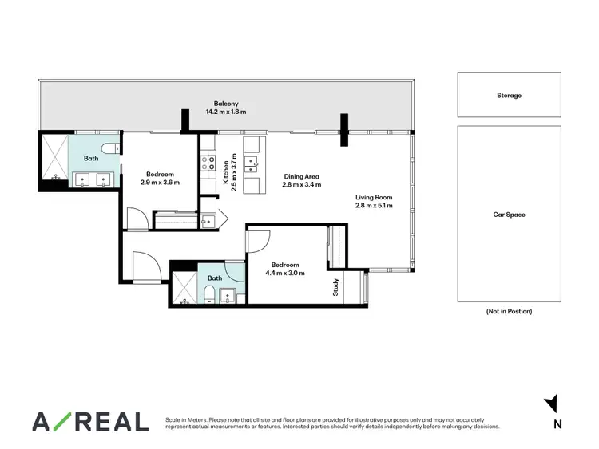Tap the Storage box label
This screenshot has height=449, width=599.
509,95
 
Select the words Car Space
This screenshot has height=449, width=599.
509,215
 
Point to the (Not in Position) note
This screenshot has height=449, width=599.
509,311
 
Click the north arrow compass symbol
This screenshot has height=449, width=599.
550,405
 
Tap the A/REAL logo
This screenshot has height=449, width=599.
89,421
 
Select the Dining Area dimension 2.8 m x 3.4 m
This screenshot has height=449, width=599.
301,185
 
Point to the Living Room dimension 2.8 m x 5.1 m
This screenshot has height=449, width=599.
375,206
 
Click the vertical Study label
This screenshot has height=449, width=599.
336,287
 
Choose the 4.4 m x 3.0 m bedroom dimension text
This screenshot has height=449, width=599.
284,274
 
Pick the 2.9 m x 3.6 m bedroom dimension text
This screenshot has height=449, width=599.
160,183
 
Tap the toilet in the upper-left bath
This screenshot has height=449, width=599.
112,147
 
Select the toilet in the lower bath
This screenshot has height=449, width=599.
208,297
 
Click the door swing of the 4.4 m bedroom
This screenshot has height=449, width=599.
260,239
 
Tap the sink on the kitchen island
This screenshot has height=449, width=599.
254,163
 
